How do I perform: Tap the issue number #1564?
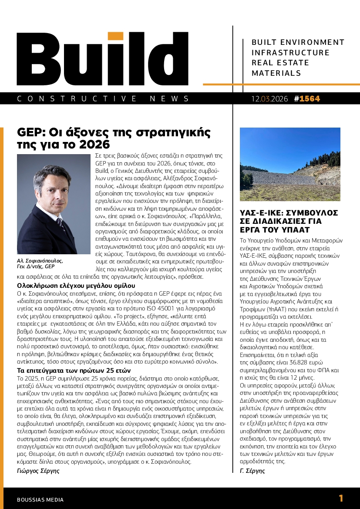(307, 99)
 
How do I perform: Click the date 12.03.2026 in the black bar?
(269, 99)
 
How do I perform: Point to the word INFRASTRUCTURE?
(291, 53)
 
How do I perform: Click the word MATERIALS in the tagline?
(276, 73)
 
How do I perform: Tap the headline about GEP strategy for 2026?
(113, 138)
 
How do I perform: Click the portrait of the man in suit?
(53, 204)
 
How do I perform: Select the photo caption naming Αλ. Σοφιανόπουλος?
(40, 263)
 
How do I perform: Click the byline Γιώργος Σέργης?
(38, 471)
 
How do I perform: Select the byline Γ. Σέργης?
(252, 471)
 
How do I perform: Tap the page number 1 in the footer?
(341, 499)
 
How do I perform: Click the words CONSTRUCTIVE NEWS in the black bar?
(103, 99)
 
